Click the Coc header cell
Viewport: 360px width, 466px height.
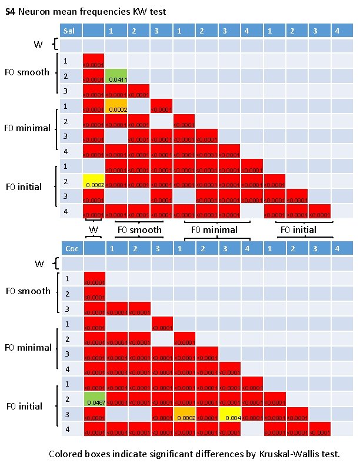pos(71,249)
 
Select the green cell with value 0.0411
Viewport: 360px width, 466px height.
pos(116,76)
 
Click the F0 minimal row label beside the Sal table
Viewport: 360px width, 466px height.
pos(27,128)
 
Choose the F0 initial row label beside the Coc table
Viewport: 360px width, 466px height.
pos(24,406)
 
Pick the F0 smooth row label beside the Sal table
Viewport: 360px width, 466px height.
pos(27,72)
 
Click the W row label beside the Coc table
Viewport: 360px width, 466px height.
pos(39,264)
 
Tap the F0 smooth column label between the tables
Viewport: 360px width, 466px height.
pos(139,230)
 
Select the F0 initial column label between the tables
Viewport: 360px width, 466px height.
pos(298,230)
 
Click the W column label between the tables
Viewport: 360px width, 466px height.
pos(94,229)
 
